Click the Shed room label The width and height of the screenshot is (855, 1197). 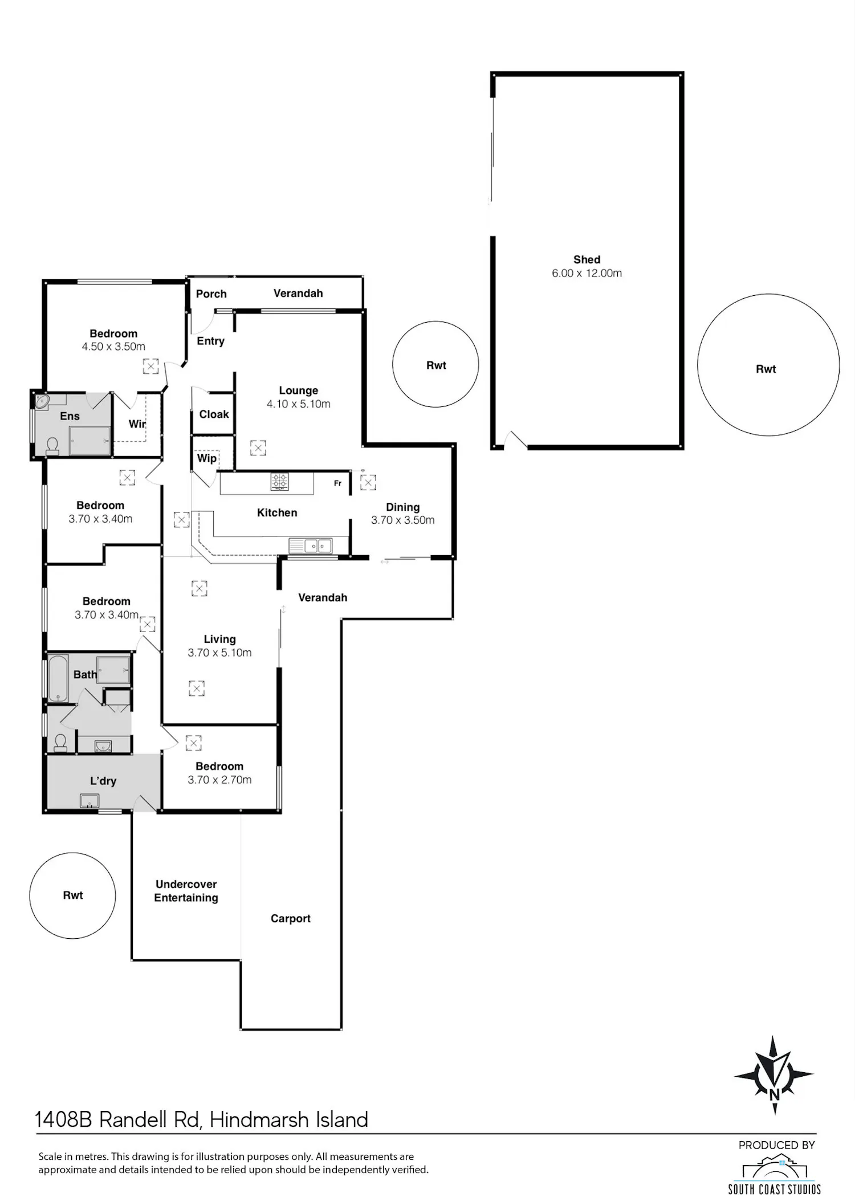pyautogui.click(x=587, y=259)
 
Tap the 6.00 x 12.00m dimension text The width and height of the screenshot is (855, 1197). pyautogui.click(x=587, y=273)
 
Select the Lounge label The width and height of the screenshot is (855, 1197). pyautogui.click(x=298, y=390)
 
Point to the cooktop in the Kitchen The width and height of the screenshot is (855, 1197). pyautogui.click(x=279, y=482)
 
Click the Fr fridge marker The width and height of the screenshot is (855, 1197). pyautogui.click(x=337, y=483)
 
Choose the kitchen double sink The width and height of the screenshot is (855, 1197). pyautogui.click(x=318, y=546)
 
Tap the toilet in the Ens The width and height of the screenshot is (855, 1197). pyautogui.click(x=52, y=446)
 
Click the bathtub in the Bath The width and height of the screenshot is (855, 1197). pyautogui.click(x=58, y=678)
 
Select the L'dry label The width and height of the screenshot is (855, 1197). pyautogui.click(x=103, y=781)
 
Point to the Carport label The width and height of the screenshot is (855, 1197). pyautogui.click(x=290, y=918)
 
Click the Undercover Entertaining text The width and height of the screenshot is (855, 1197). pyautogui.click(x=186, y=891)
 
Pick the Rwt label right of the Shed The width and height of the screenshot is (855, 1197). pyautogui.click(x=766, y=369)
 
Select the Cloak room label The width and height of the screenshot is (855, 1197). pyautogui.click(x=214, y=414)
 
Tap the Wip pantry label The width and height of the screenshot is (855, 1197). pyautogui.click(x=206, y=458)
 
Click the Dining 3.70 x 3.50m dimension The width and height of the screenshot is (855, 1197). pyautogui.click(x=402, y=520)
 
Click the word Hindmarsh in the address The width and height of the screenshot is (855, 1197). pyautogui.click(x=260, y=1120)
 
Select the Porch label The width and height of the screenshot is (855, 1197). pyautogui.click(x=211, y=294)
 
